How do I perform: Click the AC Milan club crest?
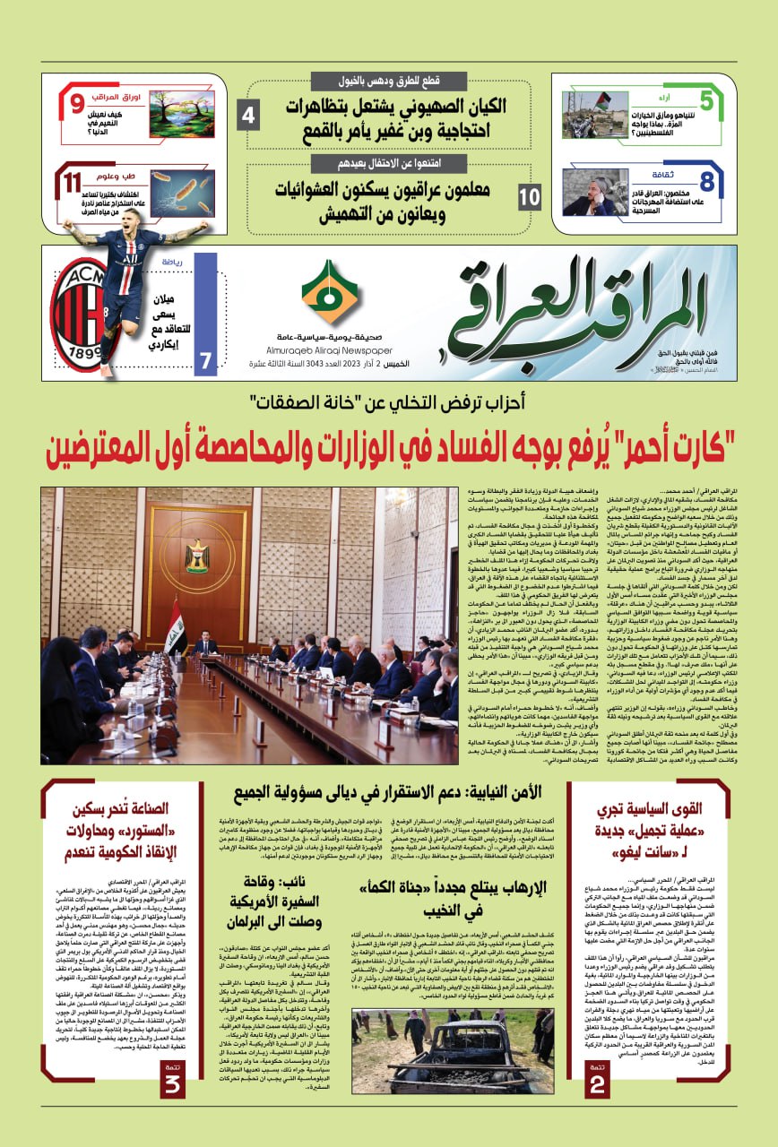[78, 314]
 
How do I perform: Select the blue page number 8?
[707, 182]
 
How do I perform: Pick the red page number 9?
[78, 104]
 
